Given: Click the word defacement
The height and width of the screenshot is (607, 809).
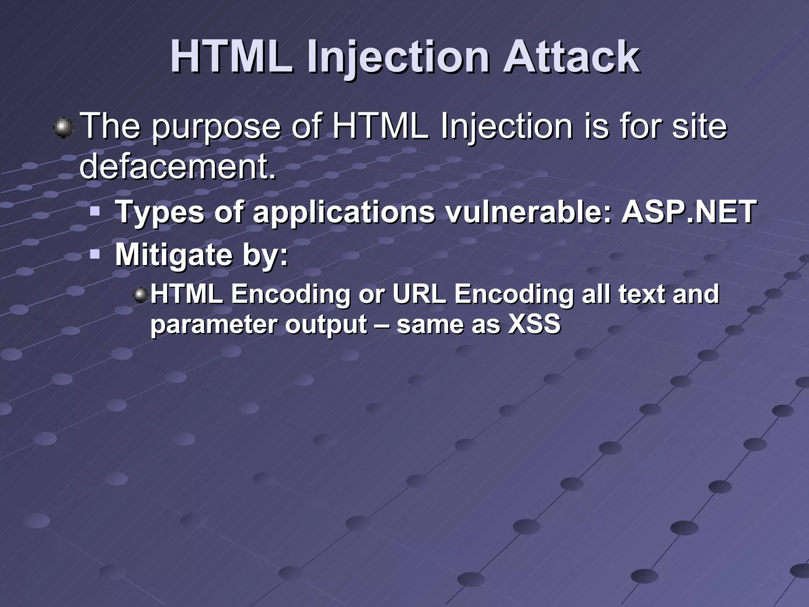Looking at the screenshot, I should pyautogui.click(x=177, y=166).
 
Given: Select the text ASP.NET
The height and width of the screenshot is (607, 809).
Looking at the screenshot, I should pyautogui.click(x=689, y=212).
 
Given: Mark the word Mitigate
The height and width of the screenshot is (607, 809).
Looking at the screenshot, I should pyautogui.click(x=173, y=255).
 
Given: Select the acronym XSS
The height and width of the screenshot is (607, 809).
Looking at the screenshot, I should pyautogui.click(x=534, y=324).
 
